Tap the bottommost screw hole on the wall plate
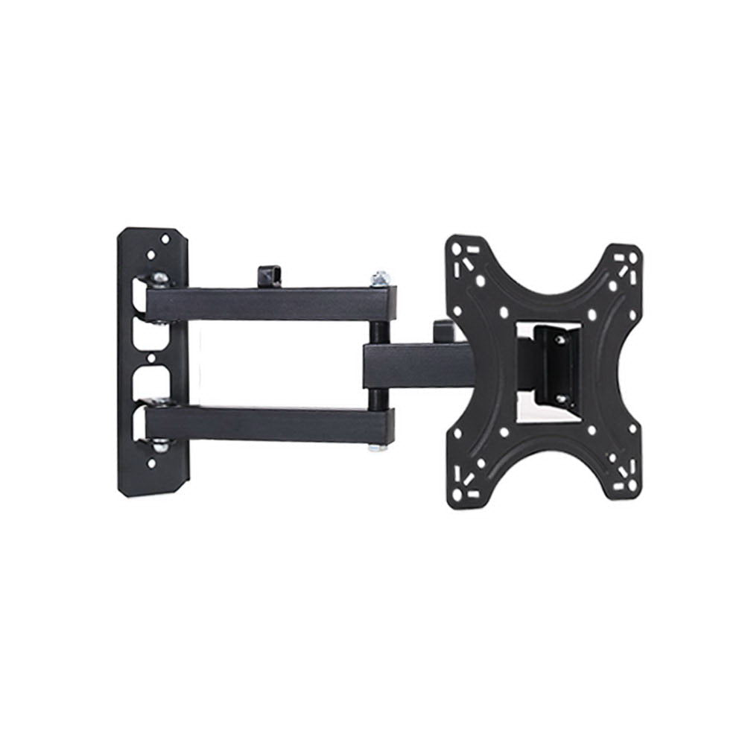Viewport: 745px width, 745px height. click(x=152, y=463)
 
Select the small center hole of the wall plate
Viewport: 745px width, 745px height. click(x=151, y=358)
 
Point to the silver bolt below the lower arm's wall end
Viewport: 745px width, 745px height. click(x=159, y=446)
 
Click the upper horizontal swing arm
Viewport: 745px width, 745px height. click(x=268, y=304)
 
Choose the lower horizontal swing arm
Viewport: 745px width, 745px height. click(x=268, y=424)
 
